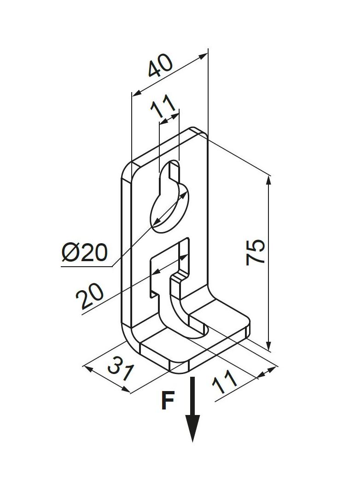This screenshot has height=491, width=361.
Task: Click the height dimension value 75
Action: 256,251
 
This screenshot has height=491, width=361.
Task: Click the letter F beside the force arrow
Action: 168,401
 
